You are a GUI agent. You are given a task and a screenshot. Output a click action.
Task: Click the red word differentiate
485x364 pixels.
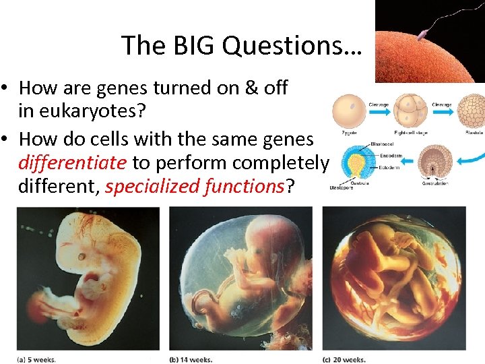pyautogui.click(x=73, y=162)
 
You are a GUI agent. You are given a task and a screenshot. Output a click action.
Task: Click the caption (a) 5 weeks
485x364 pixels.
pyautogui.click(x=37, y=359)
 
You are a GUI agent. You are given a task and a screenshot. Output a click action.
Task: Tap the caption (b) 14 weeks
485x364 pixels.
pyautogui.click(x=191, y=359)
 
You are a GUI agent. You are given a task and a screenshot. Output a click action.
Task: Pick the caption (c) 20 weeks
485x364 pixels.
pyautogui.click(x=344, y=359)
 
